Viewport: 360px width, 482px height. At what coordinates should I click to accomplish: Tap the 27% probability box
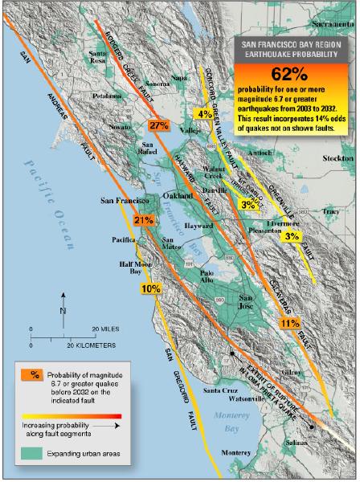pyautogui.click(x=157, y=125)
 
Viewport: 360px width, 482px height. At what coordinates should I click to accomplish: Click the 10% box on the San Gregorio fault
pyautogui.click(x=150, y=288)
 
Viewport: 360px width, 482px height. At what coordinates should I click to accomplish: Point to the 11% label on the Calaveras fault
pyautogui.click(x=290, y=323)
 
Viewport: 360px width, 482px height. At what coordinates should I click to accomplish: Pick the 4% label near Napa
pyautogui.click(x=205, y=113)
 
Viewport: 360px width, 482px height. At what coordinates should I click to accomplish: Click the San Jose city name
pyautogui.click(x=252, y=303)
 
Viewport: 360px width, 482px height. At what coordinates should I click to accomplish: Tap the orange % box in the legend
pyautogui.click(x=35, y=374)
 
